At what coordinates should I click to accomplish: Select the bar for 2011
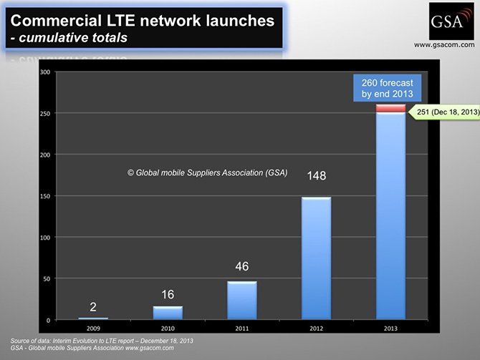[241, 300]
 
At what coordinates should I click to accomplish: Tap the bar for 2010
[168, 312]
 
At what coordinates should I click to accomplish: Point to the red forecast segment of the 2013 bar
[390, 109]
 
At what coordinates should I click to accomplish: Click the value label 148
[317, 175]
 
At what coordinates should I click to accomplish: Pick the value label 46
[242, 266]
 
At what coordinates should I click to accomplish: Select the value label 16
[168, 294]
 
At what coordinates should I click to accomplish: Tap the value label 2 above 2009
[93, 306]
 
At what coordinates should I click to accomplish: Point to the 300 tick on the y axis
[44, 72]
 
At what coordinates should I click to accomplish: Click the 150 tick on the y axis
[44, 196]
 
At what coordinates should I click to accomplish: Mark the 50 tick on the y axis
[46, 278]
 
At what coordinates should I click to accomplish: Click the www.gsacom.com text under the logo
[444, 44]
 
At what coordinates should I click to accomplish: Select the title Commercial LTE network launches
[142, 21]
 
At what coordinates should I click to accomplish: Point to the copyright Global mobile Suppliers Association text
[207, 172]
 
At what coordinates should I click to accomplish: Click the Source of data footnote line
[102, 339]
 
